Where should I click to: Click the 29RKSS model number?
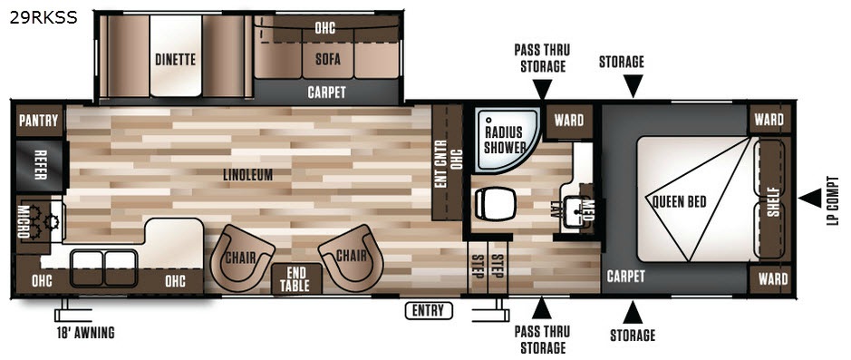pos(44,18)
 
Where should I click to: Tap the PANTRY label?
pos(38,121)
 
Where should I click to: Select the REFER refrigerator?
pos(40,166)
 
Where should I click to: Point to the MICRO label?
pos(24,221)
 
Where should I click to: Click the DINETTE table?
pos(175,56)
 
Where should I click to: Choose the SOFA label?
pos(328,58)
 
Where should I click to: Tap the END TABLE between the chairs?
pos(296,278)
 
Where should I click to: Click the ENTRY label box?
pos(428,311)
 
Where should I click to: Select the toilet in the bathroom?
pos(496,204)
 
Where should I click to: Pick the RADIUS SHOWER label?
pos(505,140)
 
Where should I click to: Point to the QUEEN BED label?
pos(679,201)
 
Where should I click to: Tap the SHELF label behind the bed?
pos(773,201)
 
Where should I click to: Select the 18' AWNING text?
pos(86,333)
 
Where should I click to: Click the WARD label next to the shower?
pos(569,120)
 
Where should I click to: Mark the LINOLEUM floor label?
pos(247,175)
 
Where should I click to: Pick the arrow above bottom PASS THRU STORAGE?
pos(542,308)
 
